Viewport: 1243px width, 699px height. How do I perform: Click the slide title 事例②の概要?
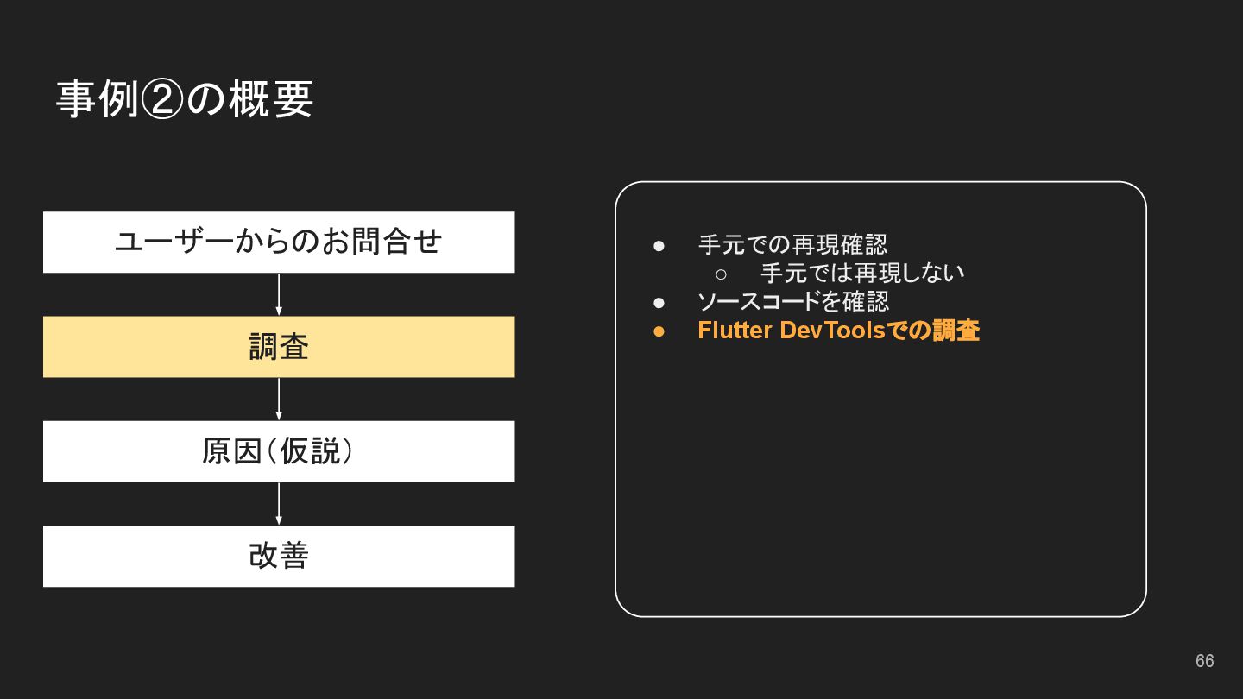coord(184,99)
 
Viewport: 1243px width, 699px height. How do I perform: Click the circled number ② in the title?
coord(161,100)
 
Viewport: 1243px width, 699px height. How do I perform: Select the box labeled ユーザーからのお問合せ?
coord(279,242)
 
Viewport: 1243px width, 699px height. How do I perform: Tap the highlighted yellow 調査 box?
coord(279,347)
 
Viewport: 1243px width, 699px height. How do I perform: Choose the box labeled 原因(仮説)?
coord(279,451)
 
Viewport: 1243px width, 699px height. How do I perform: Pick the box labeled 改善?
coord(279,556)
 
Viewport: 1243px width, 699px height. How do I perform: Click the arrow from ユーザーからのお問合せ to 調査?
coord(279,294)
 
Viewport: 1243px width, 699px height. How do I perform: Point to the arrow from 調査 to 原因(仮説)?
coord(279,399)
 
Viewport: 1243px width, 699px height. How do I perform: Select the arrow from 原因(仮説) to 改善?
coord(279,503)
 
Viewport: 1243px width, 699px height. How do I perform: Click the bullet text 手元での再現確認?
coord(792,245)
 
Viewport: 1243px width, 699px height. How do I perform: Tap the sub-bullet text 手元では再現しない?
coord(862,274)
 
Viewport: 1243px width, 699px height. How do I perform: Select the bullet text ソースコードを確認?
coord(792,302)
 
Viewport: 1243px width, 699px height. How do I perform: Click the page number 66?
coord(1204,661)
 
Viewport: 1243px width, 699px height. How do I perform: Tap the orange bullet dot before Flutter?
coord(659,331)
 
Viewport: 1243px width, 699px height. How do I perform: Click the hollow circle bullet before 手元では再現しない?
coord(722,274)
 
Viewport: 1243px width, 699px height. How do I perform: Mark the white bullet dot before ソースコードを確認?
coord(659,303)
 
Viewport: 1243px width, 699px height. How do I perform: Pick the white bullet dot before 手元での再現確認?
coord(659,246)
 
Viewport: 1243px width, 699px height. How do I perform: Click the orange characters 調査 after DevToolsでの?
coord(956,331)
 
